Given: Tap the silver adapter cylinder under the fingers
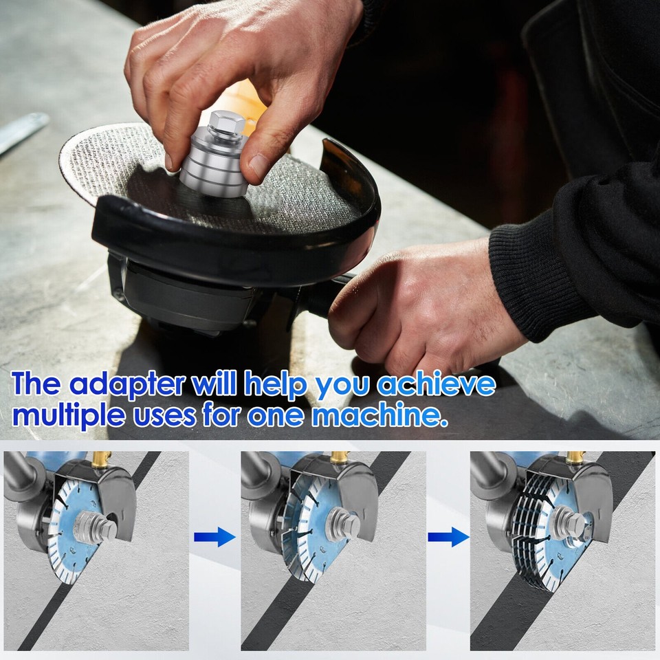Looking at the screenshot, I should (x=214, y=169).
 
